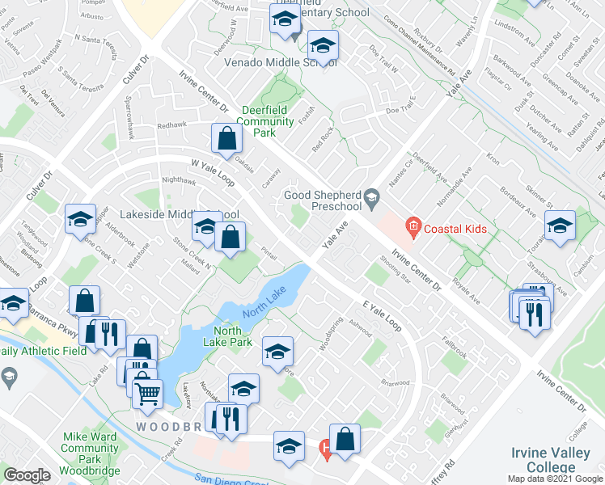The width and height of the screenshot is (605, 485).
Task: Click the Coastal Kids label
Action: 458,229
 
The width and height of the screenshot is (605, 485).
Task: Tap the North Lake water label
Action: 264,302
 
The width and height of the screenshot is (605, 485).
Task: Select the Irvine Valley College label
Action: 552,462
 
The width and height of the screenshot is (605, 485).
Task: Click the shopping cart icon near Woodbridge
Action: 148,393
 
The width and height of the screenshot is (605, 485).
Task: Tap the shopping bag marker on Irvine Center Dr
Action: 227,139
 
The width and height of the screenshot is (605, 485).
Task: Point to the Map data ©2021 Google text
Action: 555,479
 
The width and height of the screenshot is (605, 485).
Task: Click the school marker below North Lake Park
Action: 277,352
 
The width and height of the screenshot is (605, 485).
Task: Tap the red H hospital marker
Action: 325,446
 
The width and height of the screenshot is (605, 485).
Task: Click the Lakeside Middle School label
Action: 179,215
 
